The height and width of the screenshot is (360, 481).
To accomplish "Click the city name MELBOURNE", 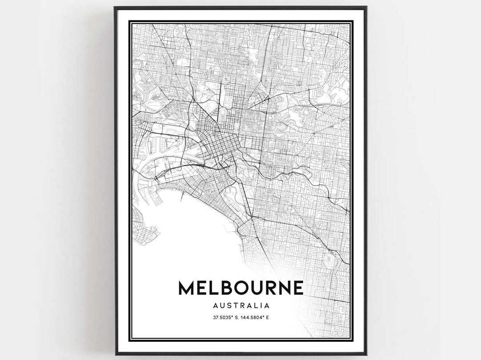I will pos(241,287).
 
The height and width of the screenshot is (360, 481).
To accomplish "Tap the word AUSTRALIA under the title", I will pos(241,306).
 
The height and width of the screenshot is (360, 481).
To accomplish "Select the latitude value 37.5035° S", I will pos(222,317).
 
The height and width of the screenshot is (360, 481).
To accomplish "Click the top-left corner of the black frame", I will pos(115,8).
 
